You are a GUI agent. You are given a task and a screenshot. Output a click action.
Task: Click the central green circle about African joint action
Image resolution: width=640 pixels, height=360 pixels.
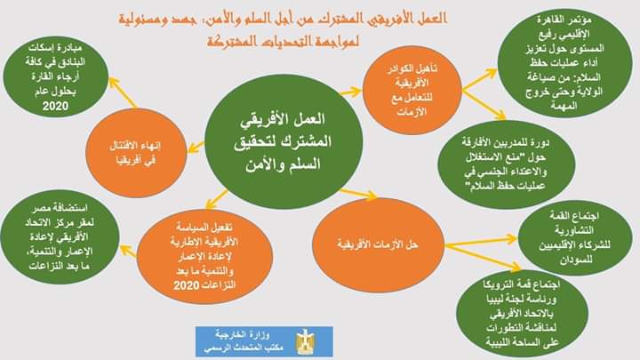[284, 141]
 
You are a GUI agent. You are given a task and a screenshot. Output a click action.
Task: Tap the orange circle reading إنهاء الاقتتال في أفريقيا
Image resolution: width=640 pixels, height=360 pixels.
[136, 153]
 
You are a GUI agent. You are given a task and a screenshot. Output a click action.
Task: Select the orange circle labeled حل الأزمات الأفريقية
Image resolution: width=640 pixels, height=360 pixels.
[378, 245]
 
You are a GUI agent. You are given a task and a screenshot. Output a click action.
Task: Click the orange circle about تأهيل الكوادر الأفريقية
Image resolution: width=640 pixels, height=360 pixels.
[412, 90]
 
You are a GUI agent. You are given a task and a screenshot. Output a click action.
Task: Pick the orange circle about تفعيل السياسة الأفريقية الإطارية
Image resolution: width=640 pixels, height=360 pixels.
[205, 256]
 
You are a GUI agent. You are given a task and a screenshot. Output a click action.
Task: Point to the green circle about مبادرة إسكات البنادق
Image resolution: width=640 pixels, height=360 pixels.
[56, 77]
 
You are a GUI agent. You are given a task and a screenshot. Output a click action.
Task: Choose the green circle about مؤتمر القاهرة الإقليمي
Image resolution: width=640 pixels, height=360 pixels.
[565, 63]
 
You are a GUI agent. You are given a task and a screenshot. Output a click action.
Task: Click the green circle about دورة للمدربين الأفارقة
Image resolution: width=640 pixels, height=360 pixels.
[507, 164]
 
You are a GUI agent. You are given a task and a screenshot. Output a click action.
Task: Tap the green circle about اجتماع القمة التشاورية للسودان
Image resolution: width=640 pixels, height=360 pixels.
[575, 238]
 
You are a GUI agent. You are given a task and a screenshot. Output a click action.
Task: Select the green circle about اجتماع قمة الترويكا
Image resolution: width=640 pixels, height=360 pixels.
[522, 313]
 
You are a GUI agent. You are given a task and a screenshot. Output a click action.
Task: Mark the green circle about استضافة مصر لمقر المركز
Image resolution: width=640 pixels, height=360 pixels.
[60, 237]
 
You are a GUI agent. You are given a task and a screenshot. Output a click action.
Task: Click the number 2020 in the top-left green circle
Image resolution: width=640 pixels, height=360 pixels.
[55, 106]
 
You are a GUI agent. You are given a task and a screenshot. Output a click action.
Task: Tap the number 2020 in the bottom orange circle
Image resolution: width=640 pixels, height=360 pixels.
[187, 285]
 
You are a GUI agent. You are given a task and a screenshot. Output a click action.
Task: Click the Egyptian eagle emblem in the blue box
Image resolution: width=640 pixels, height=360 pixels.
[305, 341]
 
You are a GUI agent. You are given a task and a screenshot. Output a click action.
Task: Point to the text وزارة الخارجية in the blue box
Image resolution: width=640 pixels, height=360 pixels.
[243, 335]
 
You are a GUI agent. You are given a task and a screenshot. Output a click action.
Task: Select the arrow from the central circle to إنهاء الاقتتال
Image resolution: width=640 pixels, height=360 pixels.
[196, 147]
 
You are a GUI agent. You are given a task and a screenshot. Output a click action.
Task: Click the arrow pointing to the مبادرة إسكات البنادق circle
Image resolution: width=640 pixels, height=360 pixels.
[123, 92]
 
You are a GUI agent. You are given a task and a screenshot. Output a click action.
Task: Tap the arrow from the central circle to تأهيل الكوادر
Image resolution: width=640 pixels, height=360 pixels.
[350, 92]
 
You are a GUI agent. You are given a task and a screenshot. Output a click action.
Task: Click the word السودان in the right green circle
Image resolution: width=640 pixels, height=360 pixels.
[576, 260]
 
